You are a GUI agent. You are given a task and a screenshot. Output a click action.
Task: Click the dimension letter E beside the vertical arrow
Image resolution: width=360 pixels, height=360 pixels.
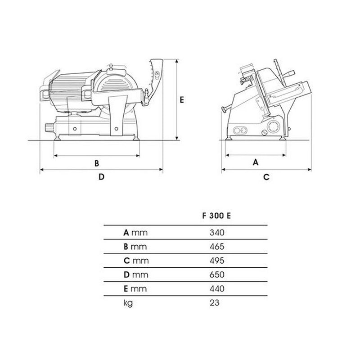coord(181,100)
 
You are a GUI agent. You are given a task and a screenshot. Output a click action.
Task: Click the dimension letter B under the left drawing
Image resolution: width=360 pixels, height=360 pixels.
coord(96,163)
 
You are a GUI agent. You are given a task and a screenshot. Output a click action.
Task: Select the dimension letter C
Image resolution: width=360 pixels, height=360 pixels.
coord(266,177)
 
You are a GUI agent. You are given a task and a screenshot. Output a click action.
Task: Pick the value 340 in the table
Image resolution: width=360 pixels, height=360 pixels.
coord(216,233)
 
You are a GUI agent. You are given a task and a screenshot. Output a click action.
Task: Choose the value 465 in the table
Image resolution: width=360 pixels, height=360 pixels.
coord(216,247)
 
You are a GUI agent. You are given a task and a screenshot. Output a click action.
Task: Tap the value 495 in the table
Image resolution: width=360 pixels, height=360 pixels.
coord(216,261)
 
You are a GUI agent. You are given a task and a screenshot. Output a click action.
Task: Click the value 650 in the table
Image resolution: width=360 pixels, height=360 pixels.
coord(216,274)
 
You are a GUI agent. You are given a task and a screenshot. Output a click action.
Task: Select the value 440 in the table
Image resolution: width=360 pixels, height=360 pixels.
coord(216,288)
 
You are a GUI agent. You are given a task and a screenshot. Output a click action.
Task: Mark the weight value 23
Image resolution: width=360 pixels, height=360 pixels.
coord(215,302)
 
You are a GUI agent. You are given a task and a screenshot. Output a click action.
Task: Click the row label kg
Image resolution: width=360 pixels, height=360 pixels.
coord(128,303)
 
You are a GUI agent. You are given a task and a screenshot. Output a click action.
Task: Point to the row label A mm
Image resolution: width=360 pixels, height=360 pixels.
coord(135,233)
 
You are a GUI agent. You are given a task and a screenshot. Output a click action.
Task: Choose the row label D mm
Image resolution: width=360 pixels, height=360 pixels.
coord(135,274)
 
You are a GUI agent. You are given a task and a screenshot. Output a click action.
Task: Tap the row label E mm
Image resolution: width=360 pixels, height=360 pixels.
coord(135,288)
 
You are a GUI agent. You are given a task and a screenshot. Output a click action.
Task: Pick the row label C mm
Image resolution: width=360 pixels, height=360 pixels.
coord(135,261)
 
